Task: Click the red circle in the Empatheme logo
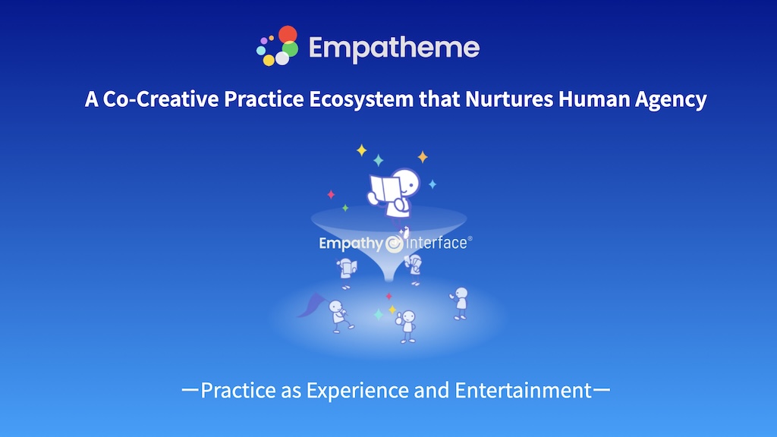[288, 34]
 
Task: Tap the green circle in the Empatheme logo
[291, 49]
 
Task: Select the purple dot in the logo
[263, 40]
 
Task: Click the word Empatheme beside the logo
[394, 48]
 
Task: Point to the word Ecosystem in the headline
[361, 99]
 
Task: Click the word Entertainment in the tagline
[524, 391]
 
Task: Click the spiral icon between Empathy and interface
[395, 244]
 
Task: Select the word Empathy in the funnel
[351, 244]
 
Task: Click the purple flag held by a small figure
[312, 304]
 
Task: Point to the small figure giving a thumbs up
[407, 326]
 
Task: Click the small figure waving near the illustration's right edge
[460, 303]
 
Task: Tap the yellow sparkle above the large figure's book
[362, 150]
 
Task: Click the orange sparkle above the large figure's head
[423, 157]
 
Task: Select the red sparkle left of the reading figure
[331, 195]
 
